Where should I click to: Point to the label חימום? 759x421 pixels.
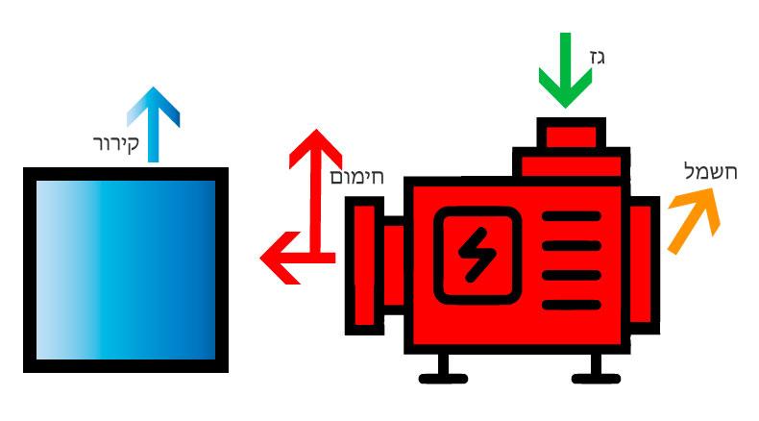click(357, 177)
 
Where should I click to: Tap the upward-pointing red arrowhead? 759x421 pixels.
click(316, 149)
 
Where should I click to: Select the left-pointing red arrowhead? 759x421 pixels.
click(276, 258)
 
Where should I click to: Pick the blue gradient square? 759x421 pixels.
click(126, 269)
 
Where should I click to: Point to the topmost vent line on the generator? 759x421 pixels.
click(570, 216)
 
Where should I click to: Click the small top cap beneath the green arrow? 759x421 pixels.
click(568, 134)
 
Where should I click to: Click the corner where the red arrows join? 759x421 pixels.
click(316, 258)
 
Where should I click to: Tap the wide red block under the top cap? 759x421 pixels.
click(571, 163)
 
